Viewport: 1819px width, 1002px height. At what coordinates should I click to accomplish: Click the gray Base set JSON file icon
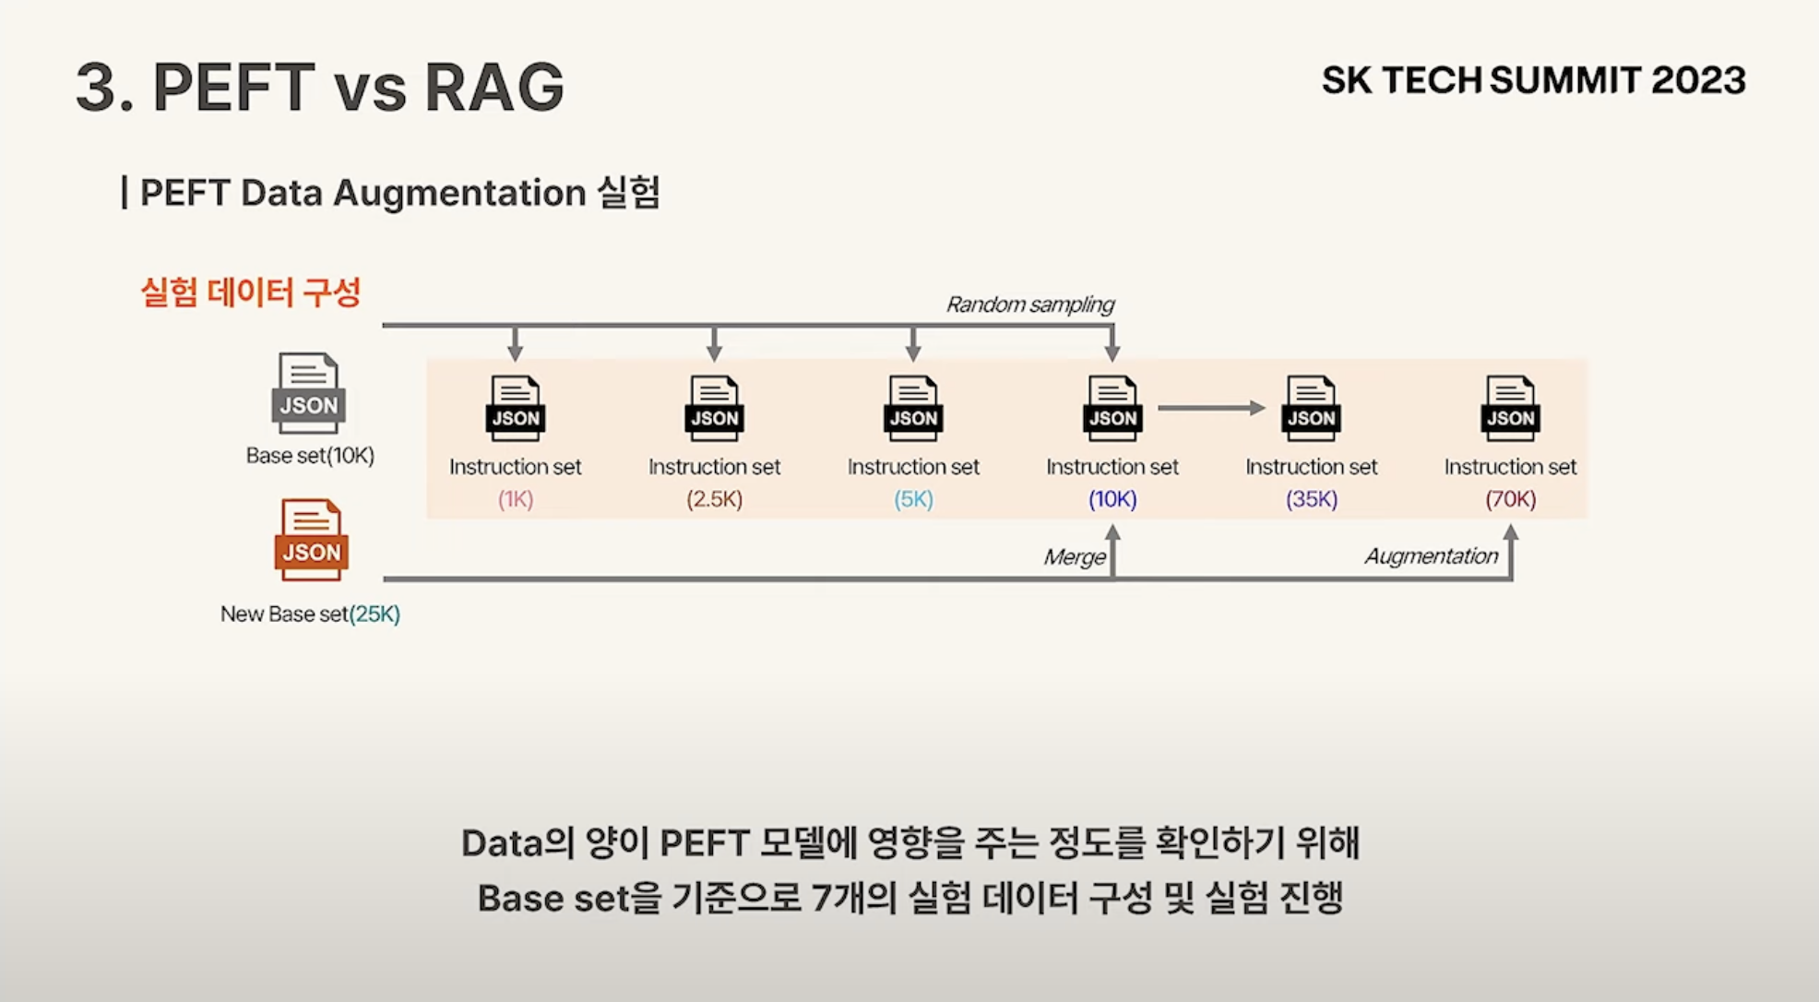coord(308,393)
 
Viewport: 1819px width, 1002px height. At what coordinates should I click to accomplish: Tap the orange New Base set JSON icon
coord(311,540)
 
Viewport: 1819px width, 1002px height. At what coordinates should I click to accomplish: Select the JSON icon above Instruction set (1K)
coord(516,408)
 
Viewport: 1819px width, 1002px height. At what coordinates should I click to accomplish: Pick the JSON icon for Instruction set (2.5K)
coord(715,408)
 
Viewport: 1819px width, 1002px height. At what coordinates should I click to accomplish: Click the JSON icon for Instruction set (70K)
coord(1510,408)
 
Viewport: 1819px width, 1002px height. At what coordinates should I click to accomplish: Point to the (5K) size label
coord(913,499)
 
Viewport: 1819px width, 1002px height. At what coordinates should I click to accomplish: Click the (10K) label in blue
coord(1112,499)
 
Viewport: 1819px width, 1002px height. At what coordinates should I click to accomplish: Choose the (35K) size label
coord(1311,499)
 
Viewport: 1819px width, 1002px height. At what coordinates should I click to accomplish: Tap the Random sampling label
coord(1029,304)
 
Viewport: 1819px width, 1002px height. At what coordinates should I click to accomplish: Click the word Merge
coord(1074,557)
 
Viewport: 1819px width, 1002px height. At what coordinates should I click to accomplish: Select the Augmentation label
coord(1431,556)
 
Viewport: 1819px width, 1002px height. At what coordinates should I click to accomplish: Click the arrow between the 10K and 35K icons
coord(1210,408)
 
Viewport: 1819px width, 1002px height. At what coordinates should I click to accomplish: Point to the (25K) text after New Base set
coord(374,614)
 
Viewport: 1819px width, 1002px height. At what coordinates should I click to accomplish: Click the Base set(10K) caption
coord(310,456)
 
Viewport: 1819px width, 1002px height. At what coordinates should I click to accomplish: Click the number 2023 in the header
coord(1698,81)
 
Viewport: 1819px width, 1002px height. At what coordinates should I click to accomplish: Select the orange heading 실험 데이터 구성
coord(250,292)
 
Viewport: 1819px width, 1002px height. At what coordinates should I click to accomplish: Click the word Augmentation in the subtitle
coord(458,193)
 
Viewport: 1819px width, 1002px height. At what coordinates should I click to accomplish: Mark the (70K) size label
coord(1510,499)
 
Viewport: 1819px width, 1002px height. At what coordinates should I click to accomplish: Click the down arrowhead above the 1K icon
coord(516,352)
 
